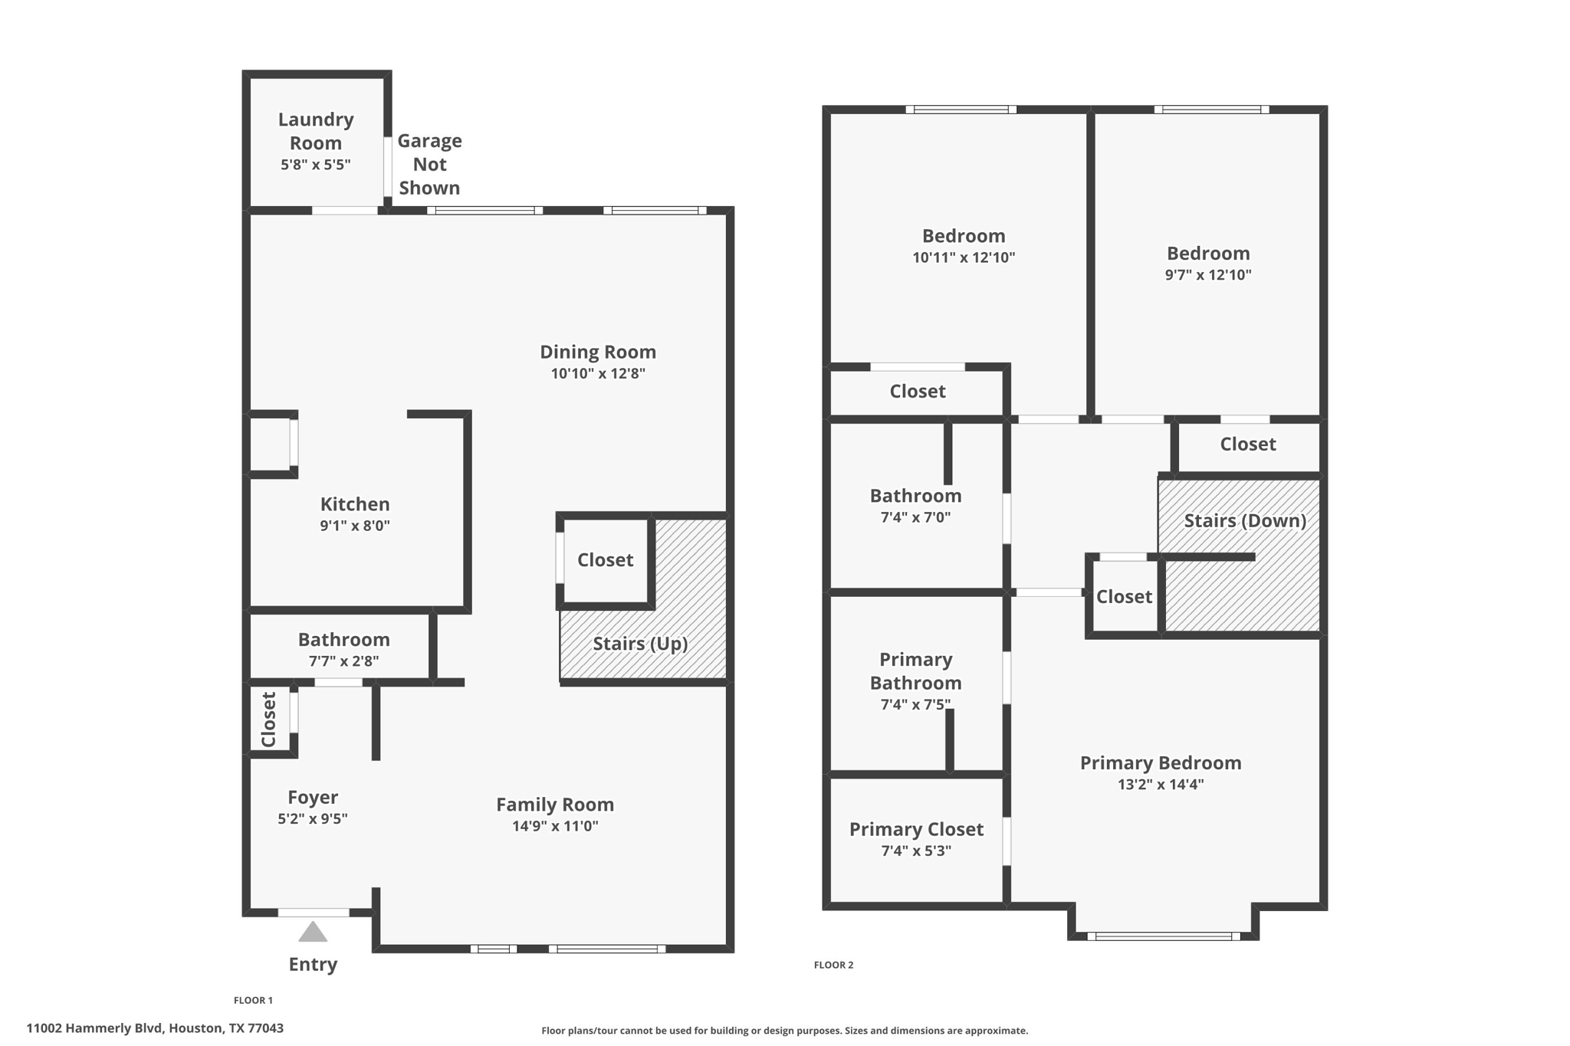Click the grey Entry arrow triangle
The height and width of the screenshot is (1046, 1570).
pos(313,933)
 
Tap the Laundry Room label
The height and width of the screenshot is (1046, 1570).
pos(316,131)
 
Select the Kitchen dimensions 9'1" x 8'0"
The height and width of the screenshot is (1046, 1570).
pos(355,526)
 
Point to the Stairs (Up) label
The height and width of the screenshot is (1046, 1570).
pos(640,644)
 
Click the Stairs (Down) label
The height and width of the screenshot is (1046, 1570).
pos(1245,521)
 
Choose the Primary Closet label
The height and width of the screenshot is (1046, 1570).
pos(916,829)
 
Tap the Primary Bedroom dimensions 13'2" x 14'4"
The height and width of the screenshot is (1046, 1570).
pos(1161,784)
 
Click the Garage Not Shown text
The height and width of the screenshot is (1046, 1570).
pos(429,164)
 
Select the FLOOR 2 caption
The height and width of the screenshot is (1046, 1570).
pos(833,965)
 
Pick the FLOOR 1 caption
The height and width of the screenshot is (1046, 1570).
pos(253,1000)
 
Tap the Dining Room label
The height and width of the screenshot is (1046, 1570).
pos(598,352)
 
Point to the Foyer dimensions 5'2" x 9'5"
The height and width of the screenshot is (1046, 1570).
pos(313,818)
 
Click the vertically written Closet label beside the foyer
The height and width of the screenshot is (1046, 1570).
pos(268,720)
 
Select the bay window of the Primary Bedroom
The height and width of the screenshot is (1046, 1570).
pos(1163,936)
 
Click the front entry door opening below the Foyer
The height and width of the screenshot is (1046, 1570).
pos(313,912)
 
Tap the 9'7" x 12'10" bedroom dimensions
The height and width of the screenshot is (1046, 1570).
pos(1208,274)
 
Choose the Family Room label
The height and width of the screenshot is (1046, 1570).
pos(555,805)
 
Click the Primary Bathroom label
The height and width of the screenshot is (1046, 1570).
pos(915,671)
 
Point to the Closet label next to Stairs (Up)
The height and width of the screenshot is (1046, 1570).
pos(605,560)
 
